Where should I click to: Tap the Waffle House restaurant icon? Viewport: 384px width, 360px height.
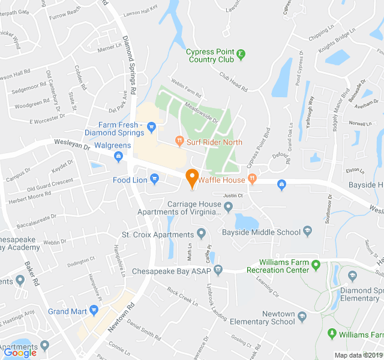[x=252, y=178]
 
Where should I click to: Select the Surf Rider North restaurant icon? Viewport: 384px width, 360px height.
[x=179, y=142]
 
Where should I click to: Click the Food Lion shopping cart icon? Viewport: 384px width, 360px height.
[x=155, y=178]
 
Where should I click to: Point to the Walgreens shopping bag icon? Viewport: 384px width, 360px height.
[x=118, y=157]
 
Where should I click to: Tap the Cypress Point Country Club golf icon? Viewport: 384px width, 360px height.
[x=241, y=54]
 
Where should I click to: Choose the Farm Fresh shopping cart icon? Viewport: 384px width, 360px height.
[x=151, y=126]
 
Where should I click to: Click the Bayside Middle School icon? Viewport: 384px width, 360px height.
[x=308, y=231]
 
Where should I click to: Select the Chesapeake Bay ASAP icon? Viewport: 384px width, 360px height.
[x=218, y=270]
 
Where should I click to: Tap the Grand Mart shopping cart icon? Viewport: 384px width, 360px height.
[x=94, y=311]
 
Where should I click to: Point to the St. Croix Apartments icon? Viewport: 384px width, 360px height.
[x=201, y=233]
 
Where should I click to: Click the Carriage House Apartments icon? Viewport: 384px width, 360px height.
[x=228, y=208]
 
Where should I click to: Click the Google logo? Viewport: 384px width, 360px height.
[x=20, y=353]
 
